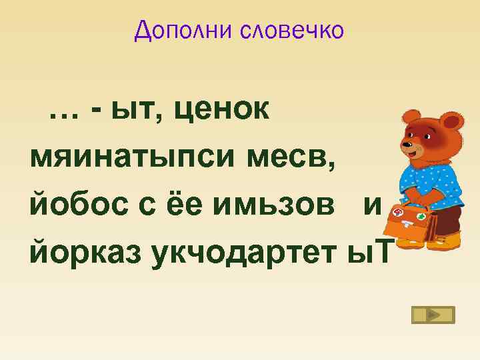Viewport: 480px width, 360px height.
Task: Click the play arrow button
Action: (433, 315)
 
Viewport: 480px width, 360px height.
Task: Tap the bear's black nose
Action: (405, 143)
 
